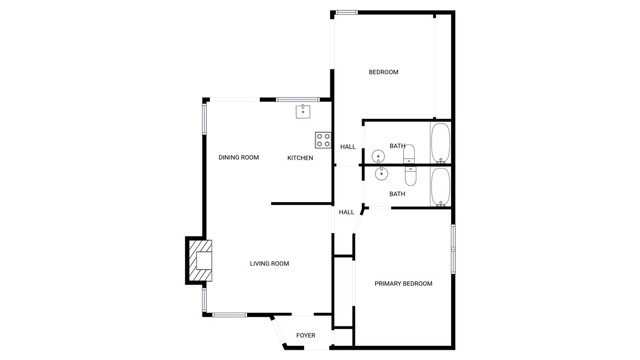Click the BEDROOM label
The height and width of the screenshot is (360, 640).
pos(383,72)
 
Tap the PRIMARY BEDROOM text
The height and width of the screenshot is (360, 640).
pos(403,284)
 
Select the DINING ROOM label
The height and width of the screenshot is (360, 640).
pos(239,158)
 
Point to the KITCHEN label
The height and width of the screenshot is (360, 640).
pos(300,158)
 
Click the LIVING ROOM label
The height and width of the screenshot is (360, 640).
pos(269,264)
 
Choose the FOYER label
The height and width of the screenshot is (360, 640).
pos(305,336)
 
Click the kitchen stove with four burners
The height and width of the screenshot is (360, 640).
pos(323,140)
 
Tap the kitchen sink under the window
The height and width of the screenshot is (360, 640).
pos(302,112)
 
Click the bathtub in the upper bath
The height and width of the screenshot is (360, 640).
pos(440,142)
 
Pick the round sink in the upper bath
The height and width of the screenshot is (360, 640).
pos(378,156)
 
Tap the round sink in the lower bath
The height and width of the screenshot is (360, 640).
pos(381,174)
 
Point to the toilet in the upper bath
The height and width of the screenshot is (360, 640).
pos(408,153)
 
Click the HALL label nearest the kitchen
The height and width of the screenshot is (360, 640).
pos(348,148)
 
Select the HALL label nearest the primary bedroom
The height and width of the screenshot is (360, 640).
pos(346,212)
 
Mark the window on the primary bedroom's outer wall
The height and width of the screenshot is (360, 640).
pos(453,248)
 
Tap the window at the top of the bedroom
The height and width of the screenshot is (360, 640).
pos(347,12)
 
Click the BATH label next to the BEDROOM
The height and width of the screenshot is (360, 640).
pos(397,147)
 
